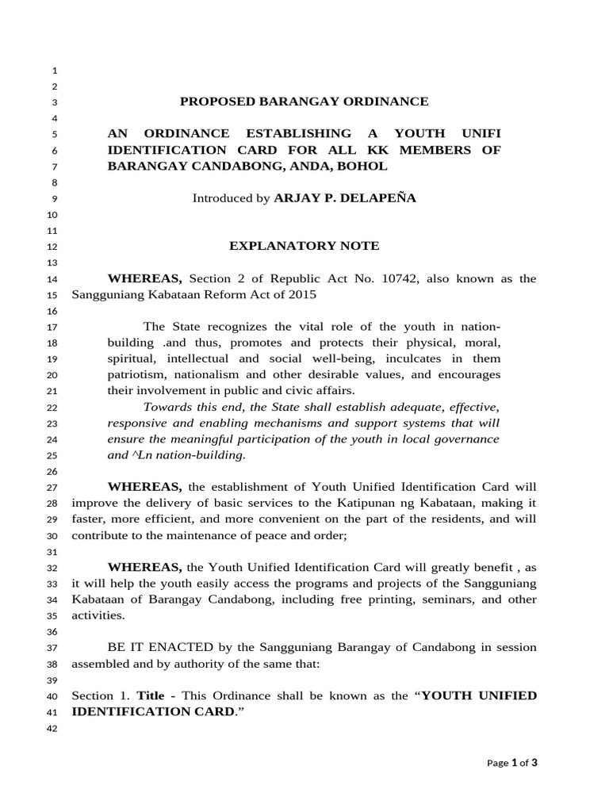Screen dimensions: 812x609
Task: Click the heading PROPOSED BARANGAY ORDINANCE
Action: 304,101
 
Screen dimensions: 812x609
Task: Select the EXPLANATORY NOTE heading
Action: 304,246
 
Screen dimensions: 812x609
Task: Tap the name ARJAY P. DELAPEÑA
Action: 345,198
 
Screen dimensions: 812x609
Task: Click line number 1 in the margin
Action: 55,70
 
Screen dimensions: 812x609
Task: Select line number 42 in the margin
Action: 54,730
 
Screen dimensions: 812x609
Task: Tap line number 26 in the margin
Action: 54,471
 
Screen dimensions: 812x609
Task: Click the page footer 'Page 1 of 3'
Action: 512,763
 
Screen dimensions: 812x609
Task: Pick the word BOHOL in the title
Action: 362,166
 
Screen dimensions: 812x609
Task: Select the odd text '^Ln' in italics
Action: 141,455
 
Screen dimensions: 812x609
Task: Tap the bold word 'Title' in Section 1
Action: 151,695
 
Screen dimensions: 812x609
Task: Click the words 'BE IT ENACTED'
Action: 145,647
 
